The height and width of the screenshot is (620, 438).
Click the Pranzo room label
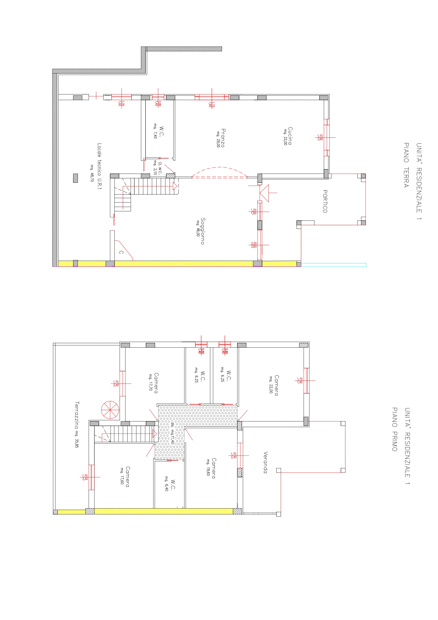[223, 138]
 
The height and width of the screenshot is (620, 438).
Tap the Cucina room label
[290, 136]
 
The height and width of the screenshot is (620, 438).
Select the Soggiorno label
[203, 231]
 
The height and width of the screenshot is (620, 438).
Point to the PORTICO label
[325, 201]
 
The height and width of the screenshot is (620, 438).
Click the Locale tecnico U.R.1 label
[99, 166]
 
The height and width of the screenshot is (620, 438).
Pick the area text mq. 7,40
[155, 131]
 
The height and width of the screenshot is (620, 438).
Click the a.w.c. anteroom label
[160, 168]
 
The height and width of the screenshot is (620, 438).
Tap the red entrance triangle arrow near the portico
[264, 193]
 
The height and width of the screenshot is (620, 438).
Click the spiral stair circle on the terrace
[110, 410]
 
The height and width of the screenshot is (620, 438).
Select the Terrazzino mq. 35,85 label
[77, 425]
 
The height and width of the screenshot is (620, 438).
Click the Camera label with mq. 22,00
[277, 385]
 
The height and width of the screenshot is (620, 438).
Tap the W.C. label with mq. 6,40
[173, 485]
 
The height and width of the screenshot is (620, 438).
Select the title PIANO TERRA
[406, 165]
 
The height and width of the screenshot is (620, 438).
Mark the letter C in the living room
[121, 252]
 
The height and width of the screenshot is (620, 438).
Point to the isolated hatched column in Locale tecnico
[76, 178]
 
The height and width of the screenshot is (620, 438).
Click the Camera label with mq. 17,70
[156, 383]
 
